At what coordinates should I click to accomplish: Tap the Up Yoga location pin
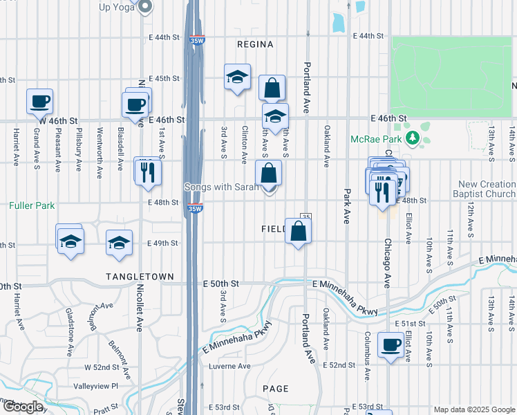click(145, 7)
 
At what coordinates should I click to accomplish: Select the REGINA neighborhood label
click(255, 44)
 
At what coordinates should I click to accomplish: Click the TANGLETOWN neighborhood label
click(140, 277)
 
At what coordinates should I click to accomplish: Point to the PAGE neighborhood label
click(275, 389)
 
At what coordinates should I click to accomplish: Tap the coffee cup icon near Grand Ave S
click(40, 101)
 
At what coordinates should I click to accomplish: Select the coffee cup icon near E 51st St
click(391, 344)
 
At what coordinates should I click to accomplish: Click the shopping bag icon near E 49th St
click(299, 232)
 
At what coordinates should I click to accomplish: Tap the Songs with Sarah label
click(221, 187)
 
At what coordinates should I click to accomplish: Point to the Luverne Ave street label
click(229, 366)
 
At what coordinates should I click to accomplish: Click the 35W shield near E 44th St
click(197, 40)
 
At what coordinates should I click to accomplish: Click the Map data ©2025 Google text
click(473, 409)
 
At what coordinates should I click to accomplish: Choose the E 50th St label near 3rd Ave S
click(220, 284)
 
